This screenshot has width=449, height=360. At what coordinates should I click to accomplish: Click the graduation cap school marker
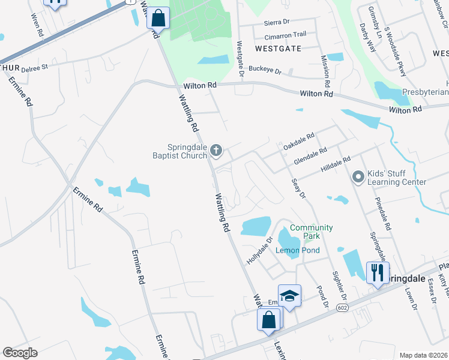pyautogui.click(x=289, y=296)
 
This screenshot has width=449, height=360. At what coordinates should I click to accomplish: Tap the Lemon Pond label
pyautogui.click(x=297, y=250)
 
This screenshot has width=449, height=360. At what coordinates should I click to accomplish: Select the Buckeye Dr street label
pyautogui.click(x=265, y=71)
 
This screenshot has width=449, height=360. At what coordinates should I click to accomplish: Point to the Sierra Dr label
pyautogui.click(x=277, y=22)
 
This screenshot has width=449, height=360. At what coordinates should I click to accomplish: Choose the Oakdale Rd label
pyautogui.click(x=299, y=142)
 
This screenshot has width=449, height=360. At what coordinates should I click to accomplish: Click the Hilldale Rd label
pyautogui.click(x=335, y=164)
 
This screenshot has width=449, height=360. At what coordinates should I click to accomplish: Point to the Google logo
pyautogui.click(x=20, y=353)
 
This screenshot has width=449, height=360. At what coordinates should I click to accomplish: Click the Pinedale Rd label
pyautogui.click(x=382, y=214)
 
